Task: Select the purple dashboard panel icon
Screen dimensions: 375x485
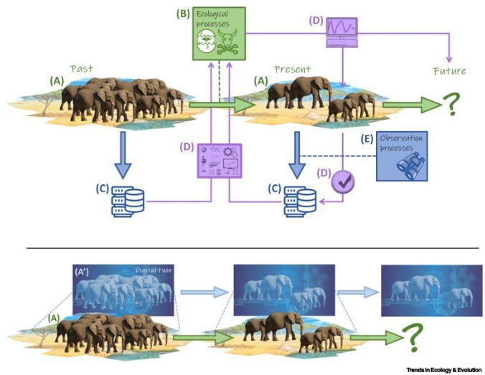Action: click(220, 160)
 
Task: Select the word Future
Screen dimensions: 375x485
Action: click(449, 71)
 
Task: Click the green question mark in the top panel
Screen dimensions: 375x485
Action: click(450, 107)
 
